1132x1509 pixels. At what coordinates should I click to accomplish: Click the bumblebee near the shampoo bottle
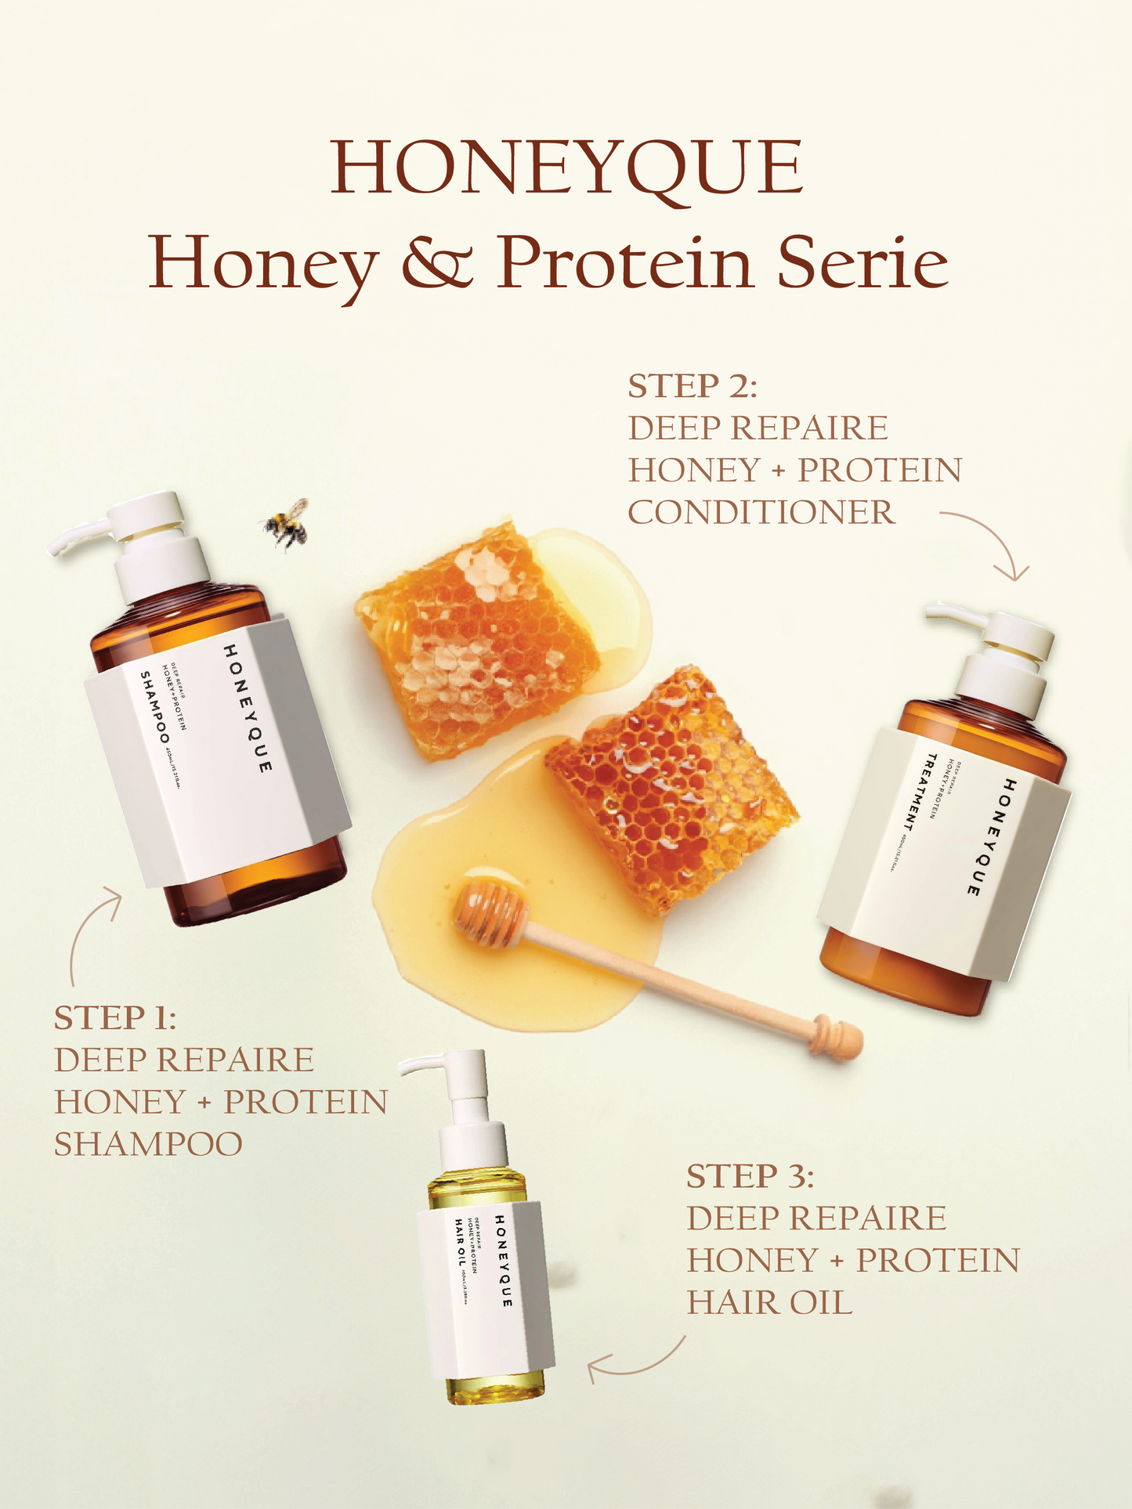pyautogui.click(x=285, y=522)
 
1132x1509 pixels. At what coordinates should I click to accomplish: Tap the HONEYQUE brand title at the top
pyautogui.click(x=566, y=168)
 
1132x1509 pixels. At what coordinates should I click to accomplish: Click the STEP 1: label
pyautogui.click(x=115, y=1018)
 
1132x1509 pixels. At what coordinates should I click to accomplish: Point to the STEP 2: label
pyautogui.click(x=693, y=386)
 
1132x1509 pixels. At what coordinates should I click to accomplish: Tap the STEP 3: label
pyautogui.click(x=750, y=1176)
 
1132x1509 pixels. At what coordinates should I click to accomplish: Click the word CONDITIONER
pyautogui.click(x=761, y=513)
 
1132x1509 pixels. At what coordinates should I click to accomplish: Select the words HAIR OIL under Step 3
pyautogui.click(x=769, y=1303)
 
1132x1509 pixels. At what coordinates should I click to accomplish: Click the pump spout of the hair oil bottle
pyautogui.click(x=419, y=1065)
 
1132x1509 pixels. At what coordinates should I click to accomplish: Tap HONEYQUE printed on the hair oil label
pyautogui.click(x=504, y=1261)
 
